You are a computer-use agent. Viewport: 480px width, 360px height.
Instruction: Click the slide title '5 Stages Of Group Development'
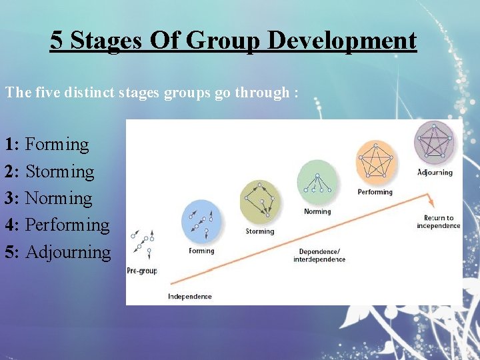(x=233, y=41)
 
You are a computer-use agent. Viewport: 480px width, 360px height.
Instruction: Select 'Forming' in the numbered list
(x=57, y=145)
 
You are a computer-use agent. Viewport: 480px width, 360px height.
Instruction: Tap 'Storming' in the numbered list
(x=60, y=172)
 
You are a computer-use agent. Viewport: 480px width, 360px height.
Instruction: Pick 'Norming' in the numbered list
(x=59, y=199)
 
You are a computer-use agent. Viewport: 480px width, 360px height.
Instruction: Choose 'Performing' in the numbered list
(x=67, y=225)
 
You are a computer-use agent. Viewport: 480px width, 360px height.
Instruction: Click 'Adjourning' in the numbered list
(x=68, y=253)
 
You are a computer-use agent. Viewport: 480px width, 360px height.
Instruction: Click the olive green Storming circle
(x=260, y=201)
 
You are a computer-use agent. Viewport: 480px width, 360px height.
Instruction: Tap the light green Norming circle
(x=317, y=182)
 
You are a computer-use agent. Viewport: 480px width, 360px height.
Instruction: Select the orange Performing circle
(x=376, y=161)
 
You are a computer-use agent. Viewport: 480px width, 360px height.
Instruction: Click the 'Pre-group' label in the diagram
(x=141, y=271)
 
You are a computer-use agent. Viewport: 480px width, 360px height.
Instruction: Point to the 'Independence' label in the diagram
(x=190, y=297)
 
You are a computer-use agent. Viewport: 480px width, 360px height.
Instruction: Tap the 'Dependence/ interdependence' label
(x=319, y=255)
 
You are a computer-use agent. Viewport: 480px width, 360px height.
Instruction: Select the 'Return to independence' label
(x=438, y=222)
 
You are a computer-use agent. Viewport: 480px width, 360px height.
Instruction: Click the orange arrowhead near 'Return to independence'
(x=431, y=201)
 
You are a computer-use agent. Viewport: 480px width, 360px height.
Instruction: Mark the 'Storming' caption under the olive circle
(x=259, y=231)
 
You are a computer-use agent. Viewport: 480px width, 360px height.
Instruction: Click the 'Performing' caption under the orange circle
(x=375, y=192)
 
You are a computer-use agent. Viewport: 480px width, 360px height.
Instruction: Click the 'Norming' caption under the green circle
(x=317, y=212)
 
